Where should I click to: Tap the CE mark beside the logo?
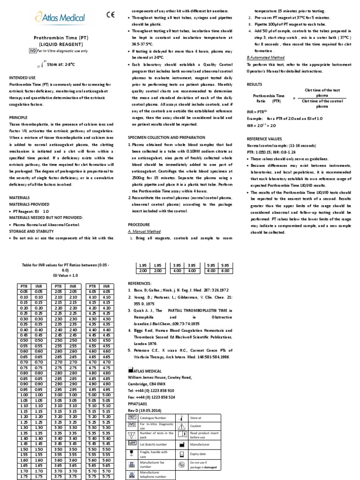point(110,15)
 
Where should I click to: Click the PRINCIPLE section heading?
point(19,117)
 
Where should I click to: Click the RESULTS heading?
point(255,84)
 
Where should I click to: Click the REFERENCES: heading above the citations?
point(140,284)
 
